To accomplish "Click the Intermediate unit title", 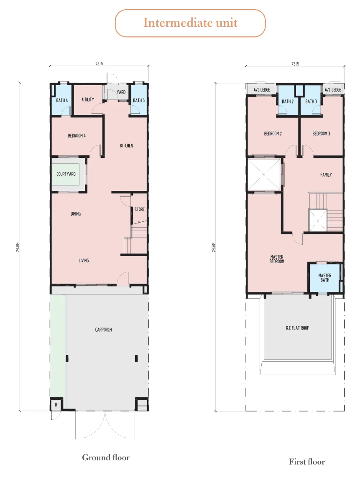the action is (x=190, y=23).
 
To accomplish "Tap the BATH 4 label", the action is (x=62, y=100).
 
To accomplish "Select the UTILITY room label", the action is (x=88, y=99).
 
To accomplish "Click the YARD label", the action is (x=121, y=92).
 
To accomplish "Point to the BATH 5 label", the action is (x=139, y=100).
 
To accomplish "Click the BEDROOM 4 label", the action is (x=77, y=136).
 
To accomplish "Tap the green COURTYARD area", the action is (x=66, y=174).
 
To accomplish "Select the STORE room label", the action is (x=140, y=210).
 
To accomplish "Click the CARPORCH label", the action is (x=104, y=330).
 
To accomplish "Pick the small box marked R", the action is (x=56, y=405).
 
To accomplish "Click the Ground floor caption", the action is (x=106, y=457).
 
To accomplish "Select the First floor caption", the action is (x=307, y=462).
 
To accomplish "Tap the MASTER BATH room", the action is (x=325, y=278).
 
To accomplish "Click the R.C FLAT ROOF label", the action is (x=297, y=328).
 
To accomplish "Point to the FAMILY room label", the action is (x=326, y=175).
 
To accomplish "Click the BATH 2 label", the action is (x=288, y=101).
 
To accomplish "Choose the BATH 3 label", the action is (x=311, y=101).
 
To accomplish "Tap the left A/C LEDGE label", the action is (x=262, y=90).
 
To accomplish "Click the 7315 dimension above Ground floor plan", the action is (x=99, y=64).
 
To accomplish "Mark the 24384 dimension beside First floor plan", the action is (x=214, y=247).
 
